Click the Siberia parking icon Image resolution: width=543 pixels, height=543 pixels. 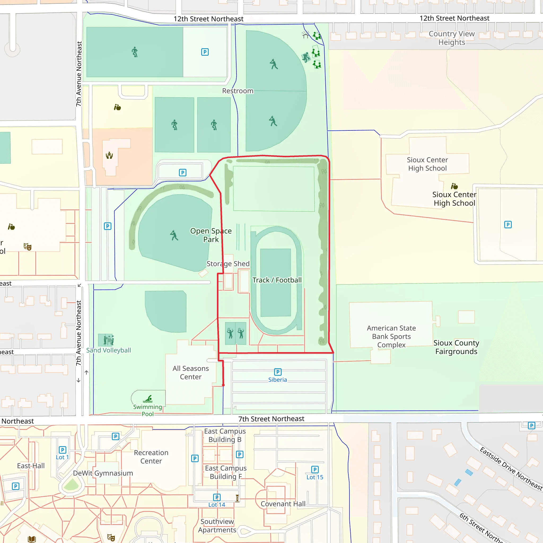[278, 372]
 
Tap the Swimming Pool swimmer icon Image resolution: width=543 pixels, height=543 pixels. [148, 399]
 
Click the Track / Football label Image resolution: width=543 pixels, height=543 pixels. [277, 280]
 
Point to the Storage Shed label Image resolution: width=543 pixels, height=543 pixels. [228, 264]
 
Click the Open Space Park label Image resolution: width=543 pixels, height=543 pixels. [211, 235]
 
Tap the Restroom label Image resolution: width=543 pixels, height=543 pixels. [238, 91]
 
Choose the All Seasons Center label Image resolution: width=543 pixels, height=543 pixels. [191, 373]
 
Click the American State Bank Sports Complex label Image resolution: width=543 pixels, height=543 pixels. [391, 336]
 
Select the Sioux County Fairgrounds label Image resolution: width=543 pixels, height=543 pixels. [456, 347]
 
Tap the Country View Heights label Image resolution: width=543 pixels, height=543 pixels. [451, 38]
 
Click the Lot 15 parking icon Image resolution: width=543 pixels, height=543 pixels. [315, 469]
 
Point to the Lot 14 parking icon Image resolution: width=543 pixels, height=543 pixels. [217, 497]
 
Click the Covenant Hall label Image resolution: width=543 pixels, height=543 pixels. [283, 504]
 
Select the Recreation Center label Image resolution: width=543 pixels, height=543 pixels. [151, 457]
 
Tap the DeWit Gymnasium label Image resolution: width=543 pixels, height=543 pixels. [103, 473]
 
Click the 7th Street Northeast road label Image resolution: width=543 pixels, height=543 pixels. [271, 419]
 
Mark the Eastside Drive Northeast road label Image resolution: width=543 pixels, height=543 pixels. [511, 468]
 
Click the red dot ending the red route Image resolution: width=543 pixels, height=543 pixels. [224, 385]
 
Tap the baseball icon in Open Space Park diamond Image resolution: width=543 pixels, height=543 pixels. [174, 235]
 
